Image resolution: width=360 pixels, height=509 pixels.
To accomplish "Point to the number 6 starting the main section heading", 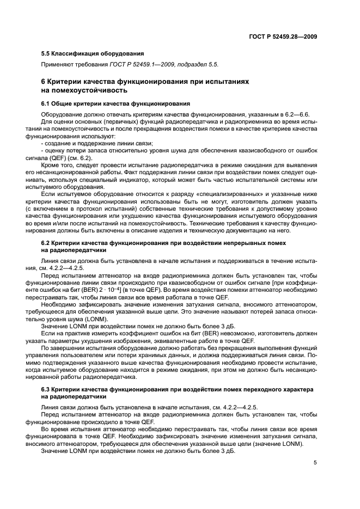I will tap(44, 81).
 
